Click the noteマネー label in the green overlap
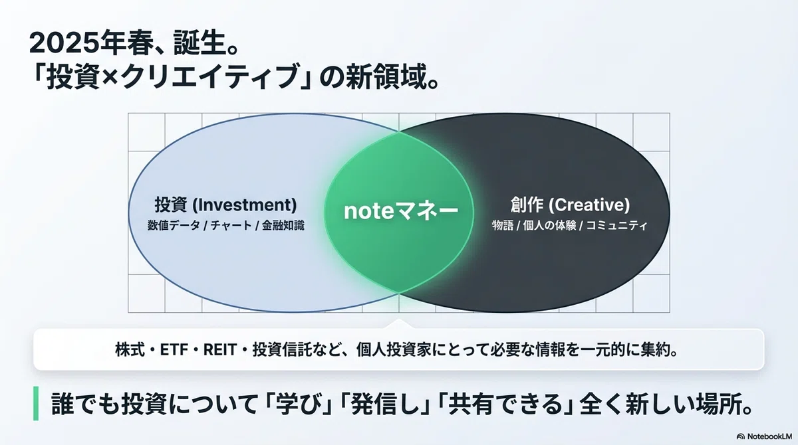click(401, 211)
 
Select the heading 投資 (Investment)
click(225, 205)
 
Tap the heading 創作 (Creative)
click(570, 205)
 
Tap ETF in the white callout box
click(174, 350)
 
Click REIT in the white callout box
click(220, 350)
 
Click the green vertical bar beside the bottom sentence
click(36, 403)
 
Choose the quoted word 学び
click(297, 403)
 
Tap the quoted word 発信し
click(384, 403)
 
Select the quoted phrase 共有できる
click(505, 403)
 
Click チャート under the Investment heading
click(231, 226)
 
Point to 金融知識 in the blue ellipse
click(283, 226)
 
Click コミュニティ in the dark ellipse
click(616, 226)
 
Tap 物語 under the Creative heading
click(503, 226)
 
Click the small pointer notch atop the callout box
click(399, 323)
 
